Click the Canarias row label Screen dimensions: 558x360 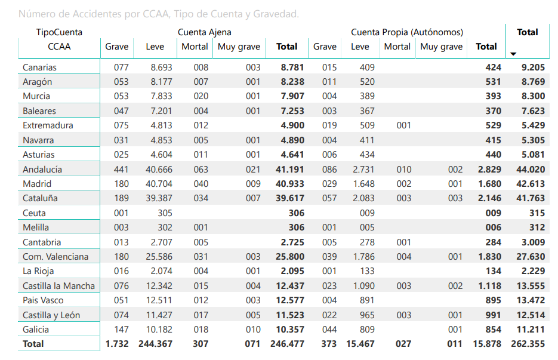[x=39, y=67]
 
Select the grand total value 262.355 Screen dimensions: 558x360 [x=528, y=344]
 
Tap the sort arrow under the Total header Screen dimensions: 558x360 [x=513, y=54]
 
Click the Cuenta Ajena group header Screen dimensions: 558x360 [x=204, y=32]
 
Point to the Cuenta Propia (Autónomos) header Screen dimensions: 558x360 [x=407, y=32]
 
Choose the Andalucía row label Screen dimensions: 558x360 [x=42, y=170]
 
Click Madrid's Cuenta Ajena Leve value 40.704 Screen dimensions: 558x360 [x=159, y=184]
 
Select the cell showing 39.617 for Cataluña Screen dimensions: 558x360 [x=290, y=198]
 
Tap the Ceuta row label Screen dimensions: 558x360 [x=34, y=213]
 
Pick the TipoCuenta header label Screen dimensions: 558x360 [x=59, y=32]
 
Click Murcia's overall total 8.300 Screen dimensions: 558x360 [x=533, y=96]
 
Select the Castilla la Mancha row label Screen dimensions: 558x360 [x=58, y=286]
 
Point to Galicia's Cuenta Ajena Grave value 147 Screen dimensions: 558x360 [x=121, y=330]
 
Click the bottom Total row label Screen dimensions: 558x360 [x=33, y=344]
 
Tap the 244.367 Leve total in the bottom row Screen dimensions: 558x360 [x=155, y=344]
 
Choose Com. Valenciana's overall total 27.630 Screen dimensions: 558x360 [x=531, y=257]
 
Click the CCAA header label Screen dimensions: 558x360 [x=59, y=47]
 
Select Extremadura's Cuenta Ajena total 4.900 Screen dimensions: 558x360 [x=292, y=125]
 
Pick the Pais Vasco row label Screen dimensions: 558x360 [x=43, y=300]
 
